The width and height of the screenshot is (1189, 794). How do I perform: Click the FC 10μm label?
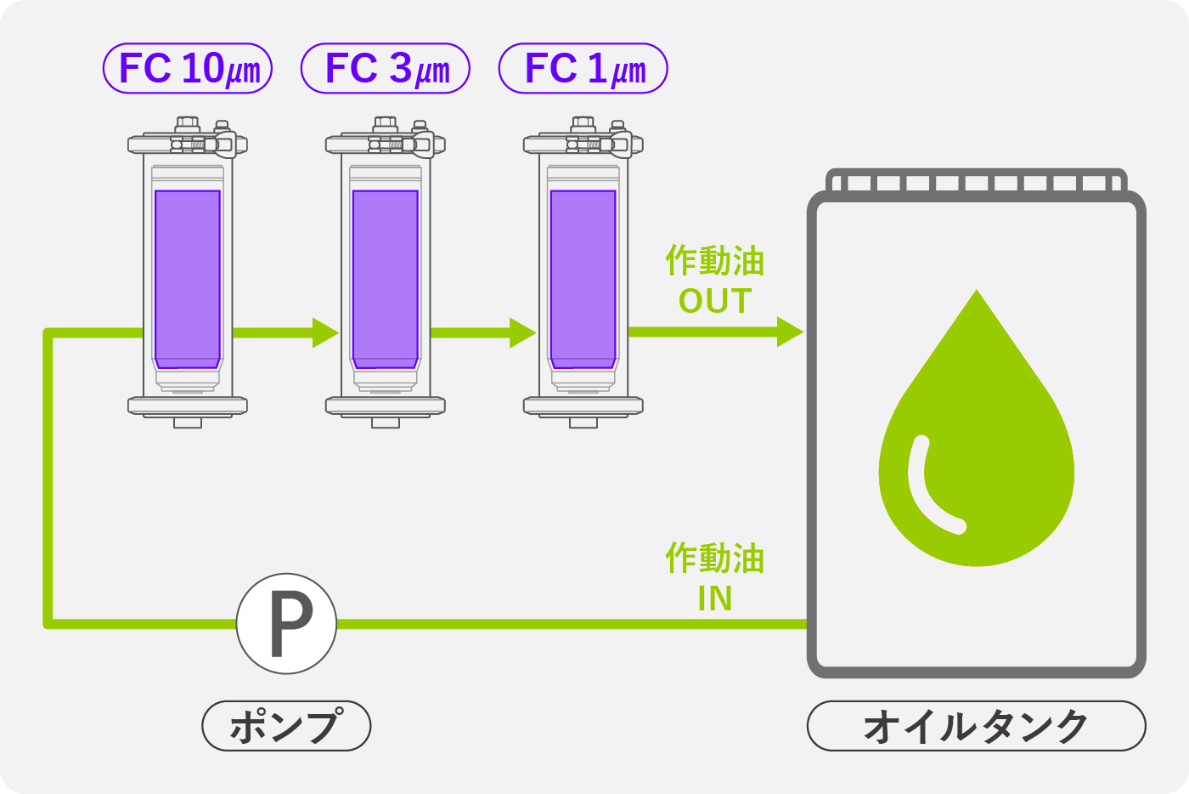[x=188, y=69]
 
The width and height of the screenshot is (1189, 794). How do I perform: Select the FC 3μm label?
[x=386, y=69]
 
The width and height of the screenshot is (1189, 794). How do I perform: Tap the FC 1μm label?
[x=583, y=69]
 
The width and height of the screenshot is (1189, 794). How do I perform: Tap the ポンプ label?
[x=286, y=726]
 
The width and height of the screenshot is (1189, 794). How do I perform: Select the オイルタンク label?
[x=976, y=726]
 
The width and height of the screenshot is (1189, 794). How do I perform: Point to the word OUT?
[x=715, y=301]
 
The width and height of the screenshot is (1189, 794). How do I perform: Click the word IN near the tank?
[x=715, y=599]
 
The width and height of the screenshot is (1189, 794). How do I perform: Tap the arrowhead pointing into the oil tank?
[x=790, y=332]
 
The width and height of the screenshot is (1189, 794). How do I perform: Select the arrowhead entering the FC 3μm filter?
[x=325, y=332]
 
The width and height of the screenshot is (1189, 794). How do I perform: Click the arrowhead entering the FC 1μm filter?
[x=523, y=332]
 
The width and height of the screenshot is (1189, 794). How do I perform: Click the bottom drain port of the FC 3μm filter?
[x=386, y=422]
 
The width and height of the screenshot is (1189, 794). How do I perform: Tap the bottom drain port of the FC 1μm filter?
[x=583, y=422]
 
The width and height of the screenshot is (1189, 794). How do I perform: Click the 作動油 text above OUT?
[x=715, y=261]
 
